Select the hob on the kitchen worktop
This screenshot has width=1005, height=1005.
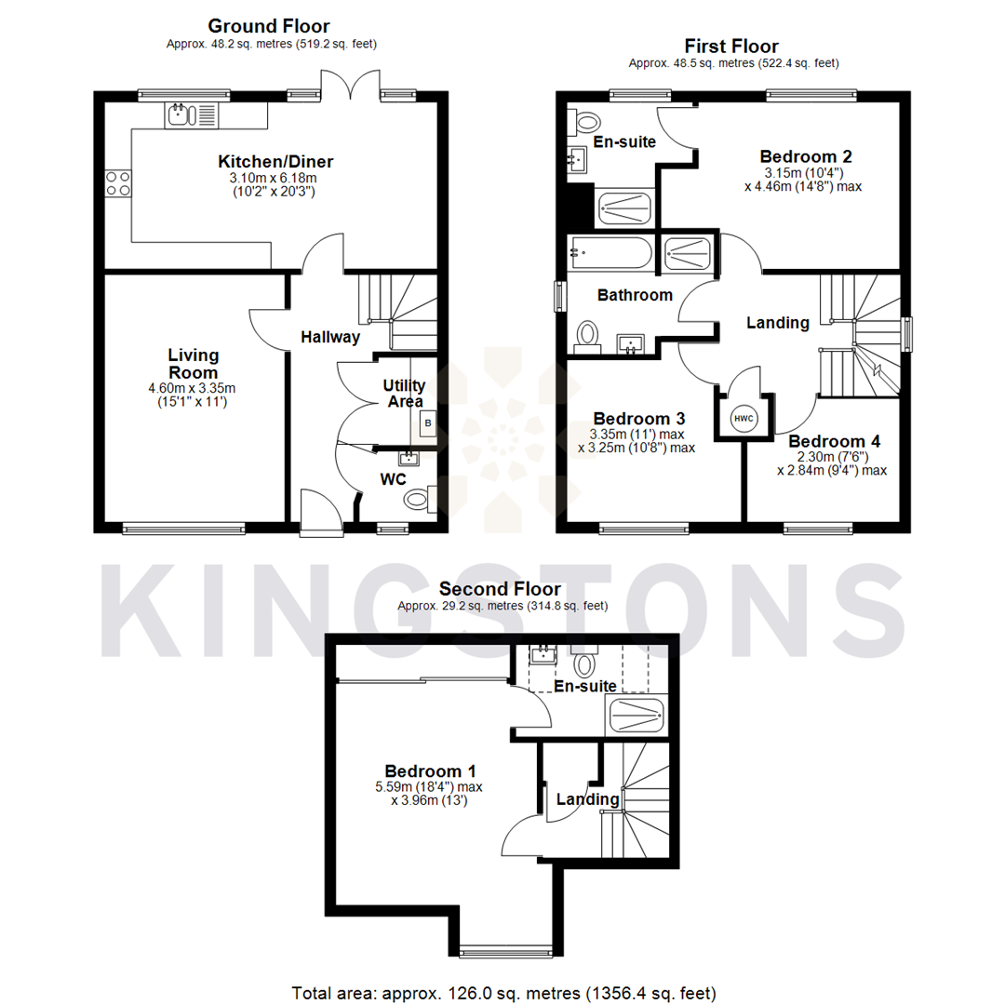(x=117, y=183)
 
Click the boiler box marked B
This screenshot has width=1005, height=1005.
(x=428, y=424)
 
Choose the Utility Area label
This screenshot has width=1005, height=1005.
(x=404, y=393)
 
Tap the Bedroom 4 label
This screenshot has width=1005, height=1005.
(x=834, y=441)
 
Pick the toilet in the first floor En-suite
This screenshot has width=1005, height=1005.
(x=586, y=121)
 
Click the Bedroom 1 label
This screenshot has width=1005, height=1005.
(x=431, y=770)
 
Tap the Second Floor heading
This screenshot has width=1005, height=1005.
(x=500, y=589)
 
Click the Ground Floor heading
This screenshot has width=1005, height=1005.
(x=268, y=26)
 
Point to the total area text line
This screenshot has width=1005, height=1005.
(x=503, y=992)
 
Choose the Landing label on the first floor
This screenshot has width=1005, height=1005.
(x=778, y=323)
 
